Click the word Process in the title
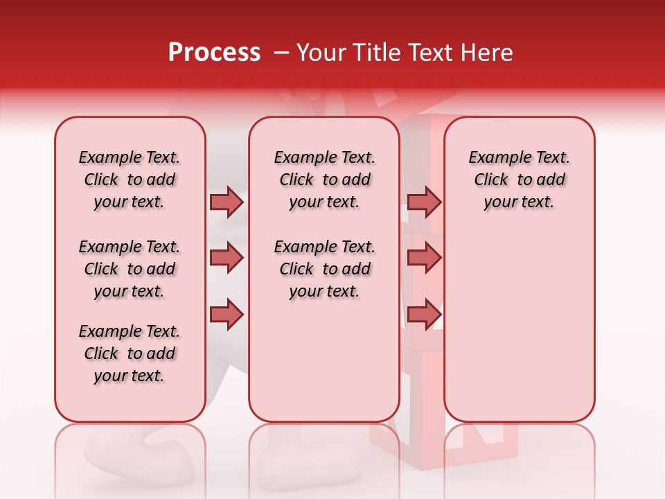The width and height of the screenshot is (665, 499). point(214,53)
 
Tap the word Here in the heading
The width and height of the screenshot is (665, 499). point(485,53)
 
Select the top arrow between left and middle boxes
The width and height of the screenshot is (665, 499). point(227,202)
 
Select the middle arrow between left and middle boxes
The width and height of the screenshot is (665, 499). point(227,258)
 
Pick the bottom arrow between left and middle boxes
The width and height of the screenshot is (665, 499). point(227,314)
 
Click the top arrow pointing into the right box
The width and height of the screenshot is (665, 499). point(424,202)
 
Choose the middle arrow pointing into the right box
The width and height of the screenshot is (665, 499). point(424,258)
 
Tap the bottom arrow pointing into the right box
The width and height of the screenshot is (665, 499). point(424,314)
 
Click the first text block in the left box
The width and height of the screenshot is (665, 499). point(130,180)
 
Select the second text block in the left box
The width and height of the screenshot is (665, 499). point(130,269)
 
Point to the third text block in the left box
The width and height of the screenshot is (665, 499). point(130,353)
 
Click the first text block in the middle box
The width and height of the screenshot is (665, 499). point(324,180)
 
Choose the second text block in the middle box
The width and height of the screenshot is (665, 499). point(324,269)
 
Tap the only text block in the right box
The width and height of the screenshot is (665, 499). point(519,180)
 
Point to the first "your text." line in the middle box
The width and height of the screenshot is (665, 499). point(324,202)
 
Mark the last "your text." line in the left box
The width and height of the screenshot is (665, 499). point(130,376)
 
